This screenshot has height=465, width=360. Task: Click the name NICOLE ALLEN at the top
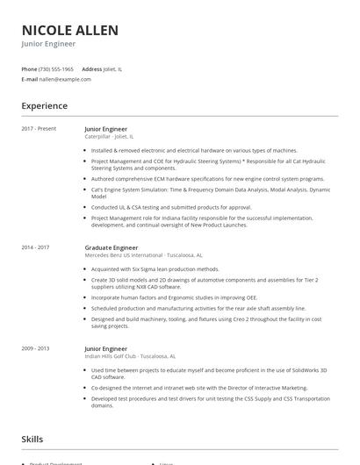pos(70,31)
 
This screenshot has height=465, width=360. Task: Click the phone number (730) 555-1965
pos(57,68)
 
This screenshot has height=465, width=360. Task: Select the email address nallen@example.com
pos(66,79)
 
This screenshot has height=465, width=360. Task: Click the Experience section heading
pos(45,106)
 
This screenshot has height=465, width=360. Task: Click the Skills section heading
pos(33,438)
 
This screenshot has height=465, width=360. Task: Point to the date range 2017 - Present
pos(39,129)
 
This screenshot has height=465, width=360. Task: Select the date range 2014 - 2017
pos(35,248)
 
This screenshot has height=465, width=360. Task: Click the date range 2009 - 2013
pos(35,348)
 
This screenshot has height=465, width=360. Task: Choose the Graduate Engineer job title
pos(112,248)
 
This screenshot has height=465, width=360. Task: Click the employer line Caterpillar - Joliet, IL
pos(109,137)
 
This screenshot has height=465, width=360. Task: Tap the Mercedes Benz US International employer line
pos(130,256)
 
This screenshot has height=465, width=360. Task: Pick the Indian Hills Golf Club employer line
pos(130,356)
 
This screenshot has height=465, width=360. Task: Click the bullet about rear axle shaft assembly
pos(198,308)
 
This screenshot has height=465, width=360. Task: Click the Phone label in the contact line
pos(29,68)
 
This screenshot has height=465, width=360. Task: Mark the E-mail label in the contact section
pos(30,79)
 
